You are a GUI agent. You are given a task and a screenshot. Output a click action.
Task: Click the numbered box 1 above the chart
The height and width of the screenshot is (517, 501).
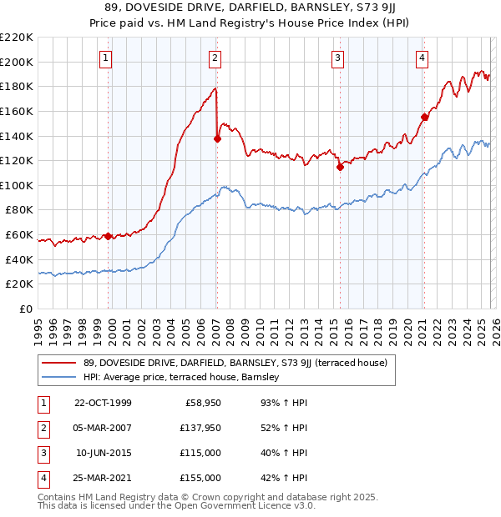point(108,58)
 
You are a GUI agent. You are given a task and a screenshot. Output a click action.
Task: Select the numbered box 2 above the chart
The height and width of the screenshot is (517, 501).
point(215,58)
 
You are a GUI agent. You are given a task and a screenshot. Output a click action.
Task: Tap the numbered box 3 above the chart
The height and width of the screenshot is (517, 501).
point(338,58)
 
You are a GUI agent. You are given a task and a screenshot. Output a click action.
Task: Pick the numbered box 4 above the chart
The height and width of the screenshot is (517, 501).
point(423,58)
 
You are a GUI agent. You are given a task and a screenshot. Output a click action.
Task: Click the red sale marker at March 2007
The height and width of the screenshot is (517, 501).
point(217,139)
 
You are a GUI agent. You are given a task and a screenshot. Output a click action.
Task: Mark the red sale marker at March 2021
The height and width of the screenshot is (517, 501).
point(424,118)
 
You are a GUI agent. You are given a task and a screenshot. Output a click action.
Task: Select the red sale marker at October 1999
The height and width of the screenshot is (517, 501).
point(109,236)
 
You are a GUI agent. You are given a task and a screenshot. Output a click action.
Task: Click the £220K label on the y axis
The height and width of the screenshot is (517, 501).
point(17,38)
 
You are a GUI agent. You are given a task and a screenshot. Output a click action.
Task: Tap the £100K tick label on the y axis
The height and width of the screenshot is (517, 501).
point(17,185)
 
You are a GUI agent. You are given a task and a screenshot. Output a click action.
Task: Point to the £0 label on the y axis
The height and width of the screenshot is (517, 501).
point(27,309)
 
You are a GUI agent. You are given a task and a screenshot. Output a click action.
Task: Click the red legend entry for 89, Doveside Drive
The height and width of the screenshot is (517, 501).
point(236,363)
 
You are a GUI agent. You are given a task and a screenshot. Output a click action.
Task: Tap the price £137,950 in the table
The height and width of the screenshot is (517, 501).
point(200,429)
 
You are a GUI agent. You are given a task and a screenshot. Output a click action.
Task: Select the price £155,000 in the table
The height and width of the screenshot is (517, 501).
point(200,478)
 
